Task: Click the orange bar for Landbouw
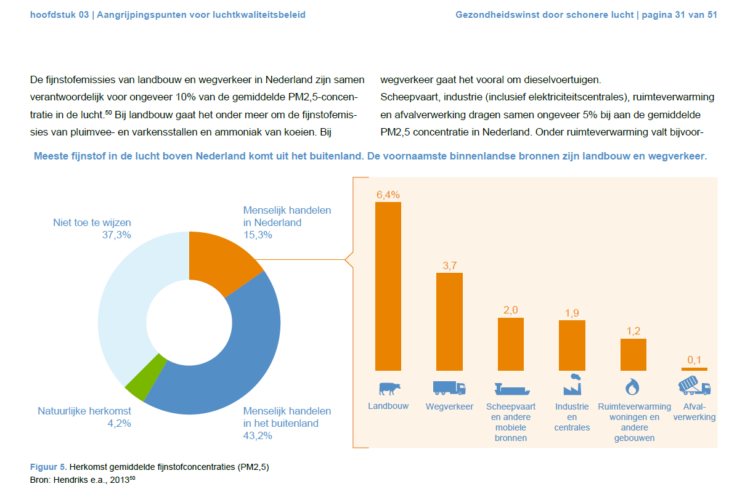pos(388,286)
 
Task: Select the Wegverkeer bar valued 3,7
pos(449,321)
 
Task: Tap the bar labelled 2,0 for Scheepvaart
pos(510,344)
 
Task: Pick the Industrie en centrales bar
pos(572,345)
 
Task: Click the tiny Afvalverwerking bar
pos(694,370)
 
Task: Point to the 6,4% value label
pos(388,195)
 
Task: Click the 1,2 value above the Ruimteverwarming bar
pos(633,331)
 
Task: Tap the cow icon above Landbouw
pos(389,389)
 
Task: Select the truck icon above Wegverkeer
pos(449,388)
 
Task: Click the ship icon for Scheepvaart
pos(512,389)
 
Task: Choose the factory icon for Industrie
pos(572,384)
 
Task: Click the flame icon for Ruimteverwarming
pos(632,387)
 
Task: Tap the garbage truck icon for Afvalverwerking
pos(694,386)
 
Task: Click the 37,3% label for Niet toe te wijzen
pos(116,235)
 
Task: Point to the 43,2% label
pos(258,435)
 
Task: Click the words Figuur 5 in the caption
pos(49,467)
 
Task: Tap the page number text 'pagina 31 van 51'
pos(680,15)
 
